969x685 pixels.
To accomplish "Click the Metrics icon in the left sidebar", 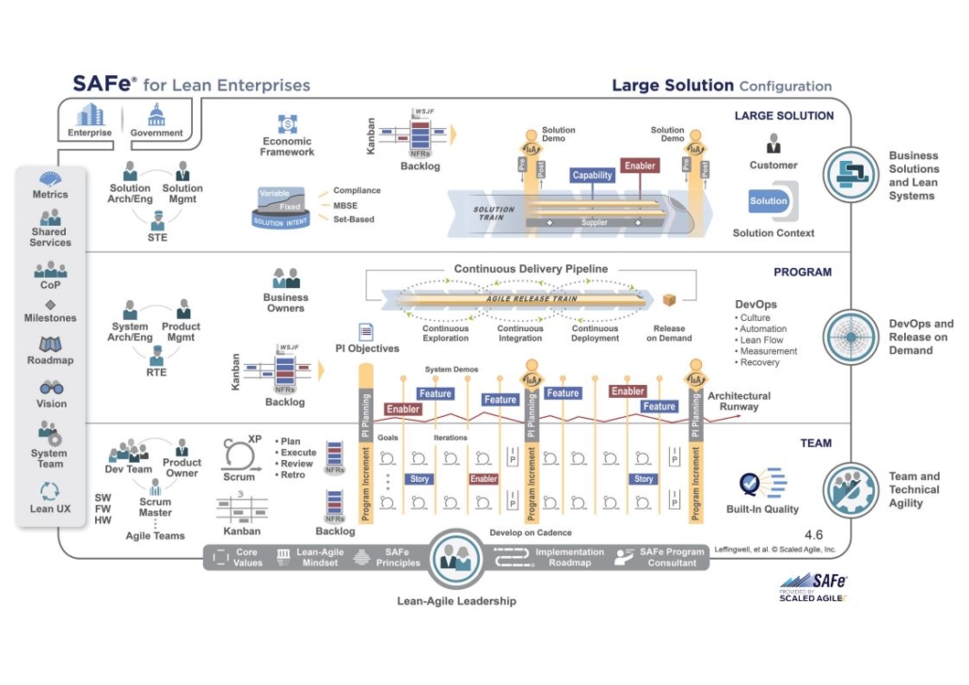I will [51, 179].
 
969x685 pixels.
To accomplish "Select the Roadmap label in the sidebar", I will [51, 360].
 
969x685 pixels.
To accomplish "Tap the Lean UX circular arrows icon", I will [51, 491].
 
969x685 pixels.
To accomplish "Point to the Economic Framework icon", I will [287, 123].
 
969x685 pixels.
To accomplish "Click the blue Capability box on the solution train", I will [593, 175].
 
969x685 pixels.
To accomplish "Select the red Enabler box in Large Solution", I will [639, 166].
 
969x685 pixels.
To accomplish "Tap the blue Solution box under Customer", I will [769, 200].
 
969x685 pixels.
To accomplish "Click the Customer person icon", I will [773, 143].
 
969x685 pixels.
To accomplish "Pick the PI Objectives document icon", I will [366, 331].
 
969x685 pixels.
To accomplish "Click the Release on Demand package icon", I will [669, 300].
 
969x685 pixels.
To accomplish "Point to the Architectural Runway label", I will [739, 402].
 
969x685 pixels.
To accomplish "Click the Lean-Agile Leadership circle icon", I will [457, 560].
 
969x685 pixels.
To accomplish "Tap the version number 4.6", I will [814, 534].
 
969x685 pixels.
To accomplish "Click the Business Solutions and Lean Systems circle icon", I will [851, 175].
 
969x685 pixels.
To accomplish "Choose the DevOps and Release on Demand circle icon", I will [851, 337].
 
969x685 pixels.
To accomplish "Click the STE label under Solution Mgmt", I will [157, 238].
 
